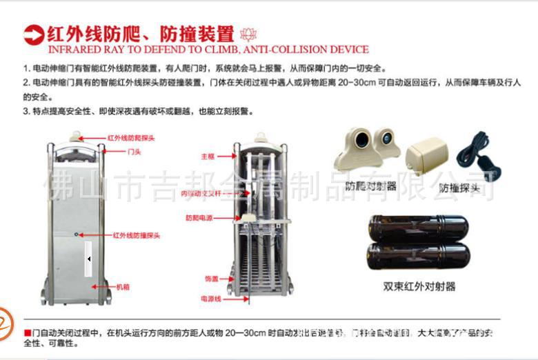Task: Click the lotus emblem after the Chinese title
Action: tap(246, 34)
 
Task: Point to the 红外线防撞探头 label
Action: tap(137, 235)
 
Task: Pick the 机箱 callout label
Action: tap(123, 286)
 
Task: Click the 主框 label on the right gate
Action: tap(208, 156)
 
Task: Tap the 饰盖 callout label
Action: tap(211, 279)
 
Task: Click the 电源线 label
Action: tap(210, 299)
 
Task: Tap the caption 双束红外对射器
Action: tap(419, 286)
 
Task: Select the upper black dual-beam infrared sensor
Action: tap(418, 228)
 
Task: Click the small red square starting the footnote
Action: tap(27, 333)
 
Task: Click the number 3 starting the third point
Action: tap(26, 110)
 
